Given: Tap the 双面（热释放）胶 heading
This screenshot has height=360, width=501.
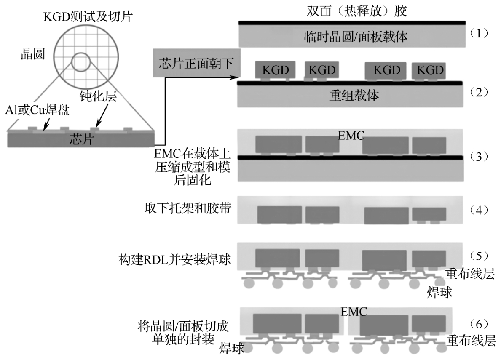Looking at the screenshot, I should coord(351,10).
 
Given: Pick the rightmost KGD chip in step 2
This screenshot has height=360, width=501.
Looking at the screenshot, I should coord(430,70).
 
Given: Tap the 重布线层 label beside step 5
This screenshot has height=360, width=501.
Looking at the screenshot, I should coord(470,275).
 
